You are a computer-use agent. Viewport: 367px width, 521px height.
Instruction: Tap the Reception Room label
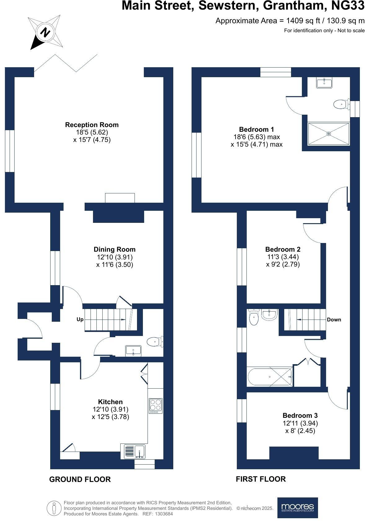[x=92, y=125]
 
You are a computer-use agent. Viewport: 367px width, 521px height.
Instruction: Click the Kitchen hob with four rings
[x=156, y=406]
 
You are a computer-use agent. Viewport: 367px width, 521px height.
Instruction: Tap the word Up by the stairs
[x=80, y=319]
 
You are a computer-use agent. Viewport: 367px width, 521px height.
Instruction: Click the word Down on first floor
[x=334, y=320]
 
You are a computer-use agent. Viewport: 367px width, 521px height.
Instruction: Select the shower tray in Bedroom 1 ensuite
[x=329, y=134]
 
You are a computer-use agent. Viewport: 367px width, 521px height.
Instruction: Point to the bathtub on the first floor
[x=269, y=377]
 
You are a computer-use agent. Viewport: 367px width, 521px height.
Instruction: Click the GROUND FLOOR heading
[x=80, y=479]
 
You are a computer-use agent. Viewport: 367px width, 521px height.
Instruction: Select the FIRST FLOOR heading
[x=261, y=479]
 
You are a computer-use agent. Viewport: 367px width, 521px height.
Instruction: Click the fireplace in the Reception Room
[x=120, y=198]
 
